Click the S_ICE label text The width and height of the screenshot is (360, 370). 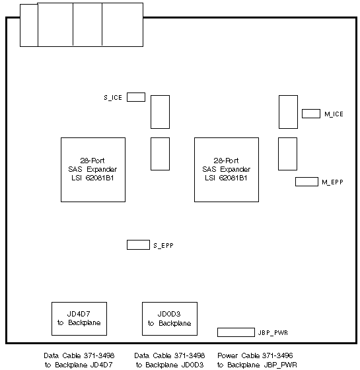(x=113, y=98)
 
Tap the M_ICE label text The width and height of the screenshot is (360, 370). (x=334, y=114)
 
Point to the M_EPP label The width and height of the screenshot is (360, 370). (x=333, y=182)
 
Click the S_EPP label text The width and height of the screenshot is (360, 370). (x=164, y=245)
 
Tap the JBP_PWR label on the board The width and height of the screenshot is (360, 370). (x=273, y=333)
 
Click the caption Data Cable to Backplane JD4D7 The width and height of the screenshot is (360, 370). (x=79, y=360)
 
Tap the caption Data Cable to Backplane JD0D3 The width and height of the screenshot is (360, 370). (x=170, y=360)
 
